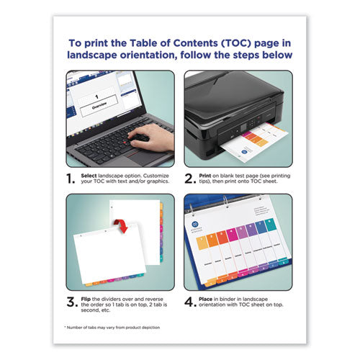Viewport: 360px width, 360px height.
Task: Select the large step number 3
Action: [x=72, y=302]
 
